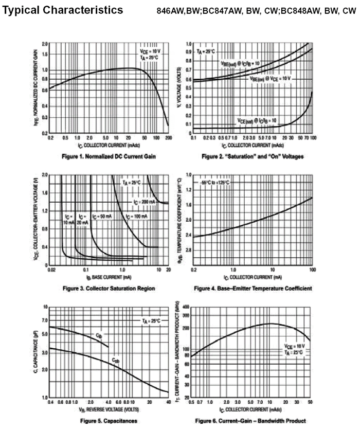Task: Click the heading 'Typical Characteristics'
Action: tap(63, 10)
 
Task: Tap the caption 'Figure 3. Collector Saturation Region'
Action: tap(109, 289)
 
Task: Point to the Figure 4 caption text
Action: tap(253, 289)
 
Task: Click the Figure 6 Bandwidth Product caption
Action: tap(253, 420)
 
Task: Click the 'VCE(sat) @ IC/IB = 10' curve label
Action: tap(257, 120)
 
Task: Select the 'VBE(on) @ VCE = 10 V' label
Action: tap(271, 79)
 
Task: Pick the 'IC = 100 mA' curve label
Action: tap(137, 217)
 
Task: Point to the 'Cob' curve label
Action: tap(117, 361)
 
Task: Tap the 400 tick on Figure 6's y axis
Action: tap(186, 307)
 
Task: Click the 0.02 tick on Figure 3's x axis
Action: tap(51, 269)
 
